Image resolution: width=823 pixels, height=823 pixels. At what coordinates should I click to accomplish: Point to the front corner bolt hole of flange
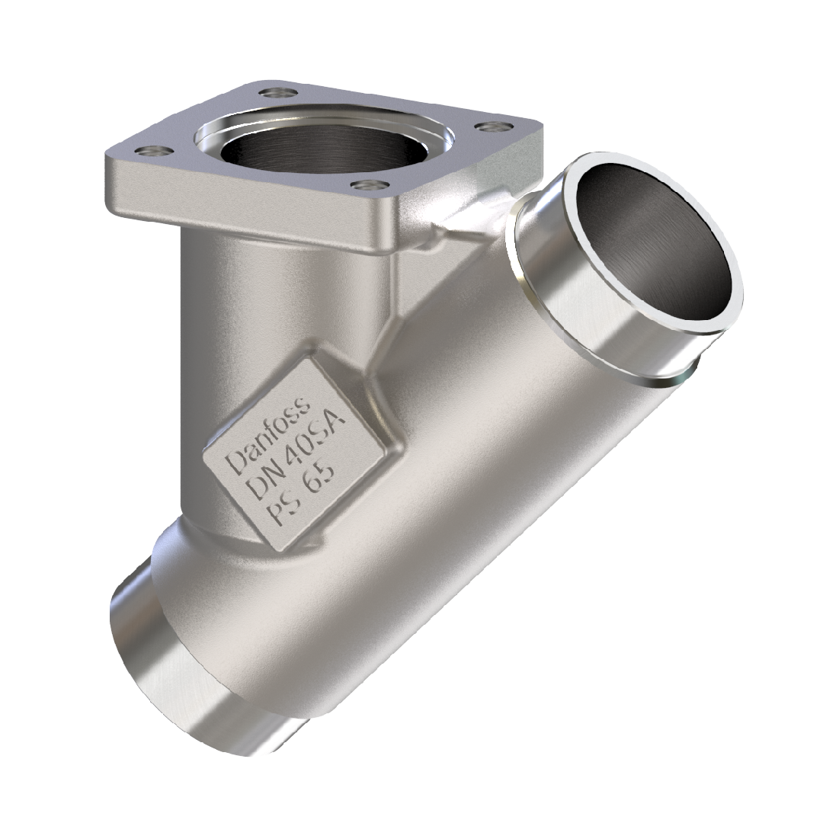367,184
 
